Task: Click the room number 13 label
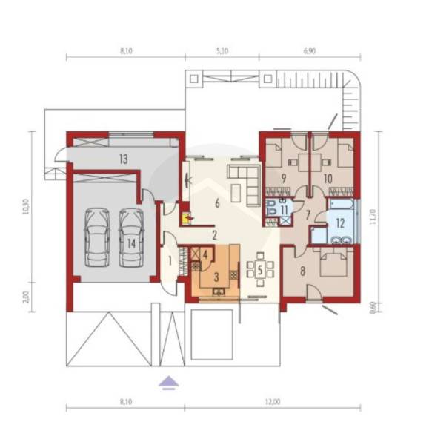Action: click(124, 159)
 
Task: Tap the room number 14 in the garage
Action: click(132, 243)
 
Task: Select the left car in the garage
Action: click(97, 237)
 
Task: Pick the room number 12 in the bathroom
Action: click(340, 223)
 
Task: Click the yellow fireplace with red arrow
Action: click(186, 218)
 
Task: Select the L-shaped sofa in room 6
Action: click(245, 185)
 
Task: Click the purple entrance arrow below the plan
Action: click(169, 382)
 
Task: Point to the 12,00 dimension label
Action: click(273, 402)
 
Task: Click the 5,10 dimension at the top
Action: click(222, 51)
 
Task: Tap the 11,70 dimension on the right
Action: click(373, 217)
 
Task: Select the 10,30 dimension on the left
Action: click(25, 206)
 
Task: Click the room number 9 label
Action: click(284, 179)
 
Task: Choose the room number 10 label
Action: click(328, 179)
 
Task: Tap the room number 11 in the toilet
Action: click(284, 210)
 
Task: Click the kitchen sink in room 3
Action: click(219, 291)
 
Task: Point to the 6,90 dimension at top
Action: click(310, 51)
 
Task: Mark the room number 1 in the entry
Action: click(170, 261)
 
